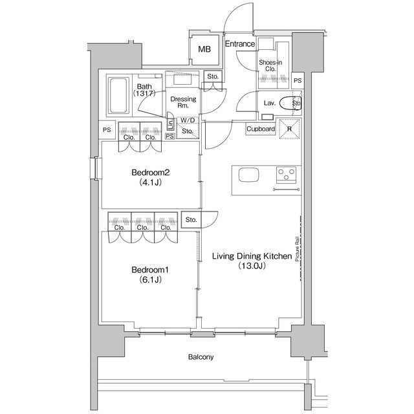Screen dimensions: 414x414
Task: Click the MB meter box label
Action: point(204,49)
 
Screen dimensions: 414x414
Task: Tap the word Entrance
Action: point(240,45)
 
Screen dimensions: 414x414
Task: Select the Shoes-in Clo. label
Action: point(269,65)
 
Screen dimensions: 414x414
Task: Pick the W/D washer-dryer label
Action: point(188,120)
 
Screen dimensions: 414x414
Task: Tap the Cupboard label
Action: point(261,129)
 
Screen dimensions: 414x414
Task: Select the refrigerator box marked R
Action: point(289,128)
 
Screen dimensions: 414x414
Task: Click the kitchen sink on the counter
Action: point(249,175)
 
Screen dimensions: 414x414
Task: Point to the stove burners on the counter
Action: point(287,174)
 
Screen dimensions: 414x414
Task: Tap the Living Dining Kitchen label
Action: point(252,257)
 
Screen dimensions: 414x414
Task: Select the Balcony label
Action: point(201,357)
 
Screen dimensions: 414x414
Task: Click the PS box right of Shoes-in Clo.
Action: point(297,80)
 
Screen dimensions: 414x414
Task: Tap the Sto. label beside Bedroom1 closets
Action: point(191,220)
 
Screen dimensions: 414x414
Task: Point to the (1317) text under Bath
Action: point(144,94)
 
